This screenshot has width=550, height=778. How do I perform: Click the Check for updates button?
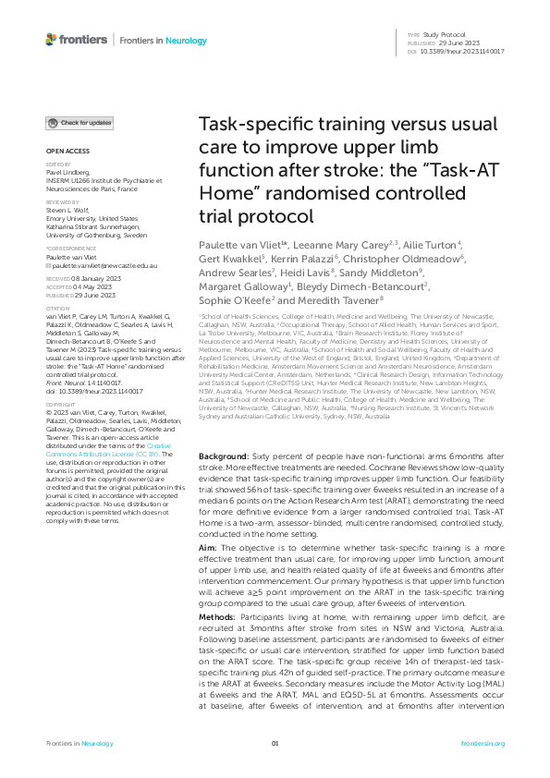tap(80, 123)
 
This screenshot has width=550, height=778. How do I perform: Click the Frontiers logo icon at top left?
tap(51, 40)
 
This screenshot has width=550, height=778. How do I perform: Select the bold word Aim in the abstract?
tap(210, 548)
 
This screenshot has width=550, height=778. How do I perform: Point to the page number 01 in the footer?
tap(275, 742)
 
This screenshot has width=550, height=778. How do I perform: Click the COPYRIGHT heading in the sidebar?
tap(62, 431)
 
